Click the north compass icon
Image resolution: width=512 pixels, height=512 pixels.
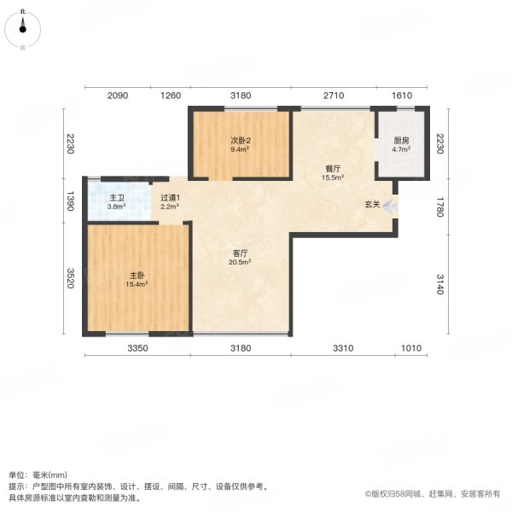pos(23,28)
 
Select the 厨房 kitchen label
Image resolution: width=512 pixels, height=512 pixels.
pos(401,142)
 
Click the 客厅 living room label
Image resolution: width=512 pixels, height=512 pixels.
pos(240,253)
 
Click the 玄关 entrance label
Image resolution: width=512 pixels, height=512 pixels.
pos(372,205)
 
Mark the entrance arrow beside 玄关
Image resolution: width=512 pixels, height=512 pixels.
pos(389,205)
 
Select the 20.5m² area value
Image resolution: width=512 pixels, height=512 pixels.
pos(240,262)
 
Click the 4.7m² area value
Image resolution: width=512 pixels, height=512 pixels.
pos(401,150)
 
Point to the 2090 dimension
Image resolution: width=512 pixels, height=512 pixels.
pos(118,96)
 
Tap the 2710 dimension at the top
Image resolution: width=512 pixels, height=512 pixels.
pos(333,96)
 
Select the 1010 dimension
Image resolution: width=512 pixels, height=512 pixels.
pos(414,348)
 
